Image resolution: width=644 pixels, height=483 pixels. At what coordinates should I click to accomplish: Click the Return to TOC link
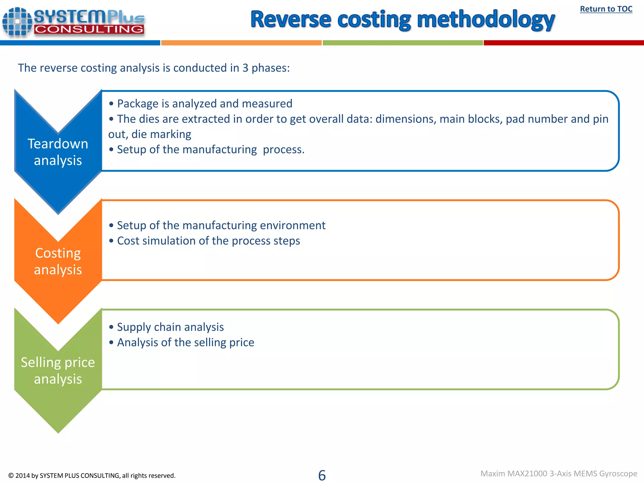point(606,9)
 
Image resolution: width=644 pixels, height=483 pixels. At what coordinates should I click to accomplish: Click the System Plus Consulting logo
point(74,22)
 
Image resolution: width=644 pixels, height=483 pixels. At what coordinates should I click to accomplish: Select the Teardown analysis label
point(58,152)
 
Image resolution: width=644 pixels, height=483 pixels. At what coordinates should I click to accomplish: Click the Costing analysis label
point(58,261)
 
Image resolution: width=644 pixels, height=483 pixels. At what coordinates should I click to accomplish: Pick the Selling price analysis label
point(58,371)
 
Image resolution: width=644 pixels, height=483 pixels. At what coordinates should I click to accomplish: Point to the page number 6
point(322,475)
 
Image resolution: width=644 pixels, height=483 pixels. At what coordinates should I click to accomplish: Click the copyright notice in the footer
point(92,475)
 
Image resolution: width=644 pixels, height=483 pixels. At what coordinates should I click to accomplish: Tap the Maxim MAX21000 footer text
point(558,474)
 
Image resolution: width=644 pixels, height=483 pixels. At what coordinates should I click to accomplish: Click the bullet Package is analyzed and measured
point(204,103)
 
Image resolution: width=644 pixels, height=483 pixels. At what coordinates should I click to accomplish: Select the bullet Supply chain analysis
point(170,327)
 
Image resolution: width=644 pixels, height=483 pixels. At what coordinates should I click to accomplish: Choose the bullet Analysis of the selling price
point(186,342)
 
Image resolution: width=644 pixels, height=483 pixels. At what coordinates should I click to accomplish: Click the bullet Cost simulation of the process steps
point(208,241)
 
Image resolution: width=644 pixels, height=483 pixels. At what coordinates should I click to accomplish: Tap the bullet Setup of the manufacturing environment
point(221,225)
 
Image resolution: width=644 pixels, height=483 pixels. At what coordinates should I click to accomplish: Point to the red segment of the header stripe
point(563,43)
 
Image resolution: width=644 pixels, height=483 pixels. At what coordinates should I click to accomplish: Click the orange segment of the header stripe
point(241,43)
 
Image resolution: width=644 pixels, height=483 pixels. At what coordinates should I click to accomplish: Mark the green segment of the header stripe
point(402,43)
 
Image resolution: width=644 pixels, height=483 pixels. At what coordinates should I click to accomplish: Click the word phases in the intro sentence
point(270,68)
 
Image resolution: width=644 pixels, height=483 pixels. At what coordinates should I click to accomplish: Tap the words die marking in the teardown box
point(161,134)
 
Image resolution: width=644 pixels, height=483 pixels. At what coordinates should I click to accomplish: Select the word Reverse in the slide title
point(291,19)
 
